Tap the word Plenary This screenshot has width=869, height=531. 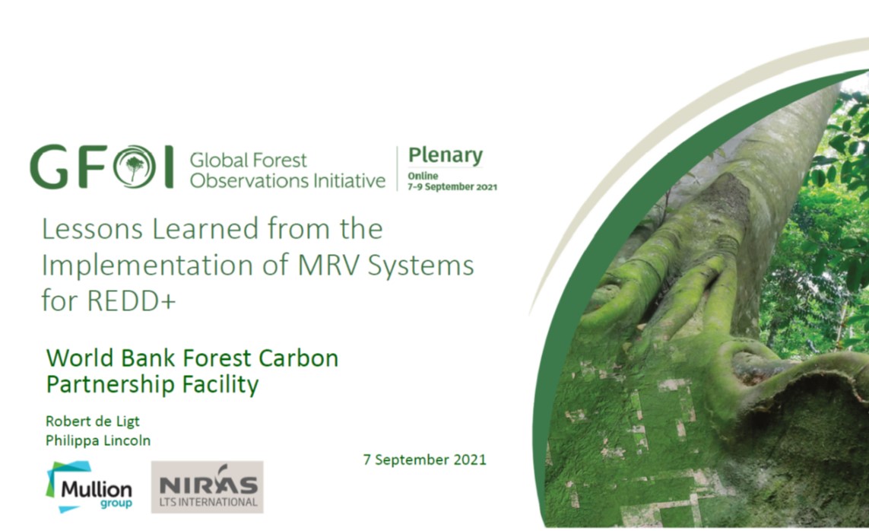tap(446, 156)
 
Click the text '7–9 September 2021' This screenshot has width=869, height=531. tap(452, 187)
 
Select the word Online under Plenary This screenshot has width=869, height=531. tap(423, 176)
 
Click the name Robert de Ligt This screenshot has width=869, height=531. tap(93, 421)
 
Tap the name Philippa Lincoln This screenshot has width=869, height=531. tap(98, 440)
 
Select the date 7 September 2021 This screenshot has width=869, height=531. tap(424, 459)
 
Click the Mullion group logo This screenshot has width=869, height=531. tap(89, 487)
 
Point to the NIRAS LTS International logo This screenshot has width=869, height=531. tap(208, 487)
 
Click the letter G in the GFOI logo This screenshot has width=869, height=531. tap(50, 167)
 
